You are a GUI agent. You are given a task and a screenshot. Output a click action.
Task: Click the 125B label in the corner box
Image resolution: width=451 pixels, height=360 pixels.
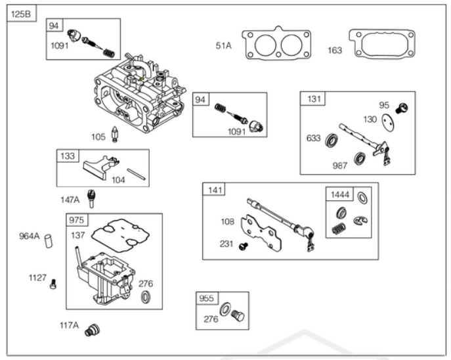point(20,14)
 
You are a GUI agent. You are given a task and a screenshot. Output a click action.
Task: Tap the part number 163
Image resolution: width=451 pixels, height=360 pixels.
point(335,51)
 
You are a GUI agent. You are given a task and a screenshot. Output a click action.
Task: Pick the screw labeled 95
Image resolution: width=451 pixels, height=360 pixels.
point(402,108)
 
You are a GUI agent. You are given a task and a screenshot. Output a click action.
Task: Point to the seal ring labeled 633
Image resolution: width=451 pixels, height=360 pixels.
point(332,141)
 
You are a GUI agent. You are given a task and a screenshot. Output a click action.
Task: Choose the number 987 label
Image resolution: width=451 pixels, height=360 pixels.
point(339,166)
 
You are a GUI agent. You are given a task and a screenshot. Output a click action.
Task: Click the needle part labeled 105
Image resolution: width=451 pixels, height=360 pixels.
point(115,134)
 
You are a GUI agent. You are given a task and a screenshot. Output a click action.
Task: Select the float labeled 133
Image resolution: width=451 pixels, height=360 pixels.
point(100,168)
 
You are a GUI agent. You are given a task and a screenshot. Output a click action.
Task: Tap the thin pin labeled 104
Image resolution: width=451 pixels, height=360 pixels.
point(137,174)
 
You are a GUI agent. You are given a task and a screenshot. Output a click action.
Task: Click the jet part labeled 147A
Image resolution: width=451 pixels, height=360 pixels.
point(91,198)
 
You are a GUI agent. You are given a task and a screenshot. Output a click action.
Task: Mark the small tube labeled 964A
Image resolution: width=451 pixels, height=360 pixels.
point(49,241)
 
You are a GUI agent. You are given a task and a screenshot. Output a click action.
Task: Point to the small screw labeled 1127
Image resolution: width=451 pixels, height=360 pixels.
point(53,284)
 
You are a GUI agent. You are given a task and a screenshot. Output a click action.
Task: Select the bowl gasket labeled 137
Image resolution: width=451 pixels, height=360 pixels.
point(121,235)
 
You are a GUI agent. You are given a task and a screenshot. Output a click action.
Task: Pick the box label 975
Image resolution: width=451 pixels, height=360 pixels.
point(77,220)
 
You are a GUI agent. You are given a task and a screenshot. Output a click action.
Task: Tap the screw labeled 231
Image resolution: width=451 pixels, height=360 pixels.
point(244,246)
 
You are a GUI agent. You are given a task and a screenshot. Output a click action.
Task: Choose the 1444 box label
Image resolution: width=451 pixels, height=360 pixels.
point(339,194)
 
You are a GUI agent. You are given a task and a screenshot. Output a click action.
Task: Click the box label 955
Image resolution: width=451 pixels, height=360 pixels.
point(207,298)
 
